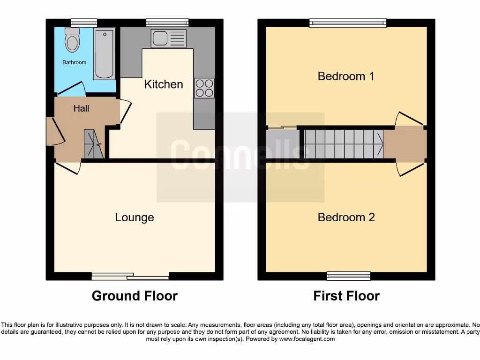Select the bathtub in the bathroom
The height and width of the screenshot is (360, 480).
point(104,54)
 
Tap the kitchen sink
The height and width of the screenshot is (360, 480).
point(168,38)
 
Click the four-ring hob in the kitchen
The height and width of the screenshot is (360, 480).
point(204,88)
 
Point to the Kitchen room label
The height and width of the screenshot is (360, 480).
point(164,84)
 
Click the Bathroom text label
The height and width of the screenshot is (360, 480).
point(75,62)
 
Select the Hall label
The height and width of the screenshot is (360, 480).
point(81,108)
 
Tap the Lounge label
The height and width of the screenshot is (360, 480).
point(135,217)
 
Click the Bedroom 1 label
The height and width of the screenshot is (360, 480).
point(346,76)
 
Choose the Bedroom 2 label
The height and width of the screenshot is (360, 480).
point(346,217)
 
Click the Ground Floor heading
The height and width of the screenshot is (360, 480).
point(135,296)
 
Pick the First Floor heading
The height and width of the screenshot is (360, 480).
point(346,296)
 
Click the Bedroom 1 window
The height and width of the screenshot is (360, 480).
point(348,23)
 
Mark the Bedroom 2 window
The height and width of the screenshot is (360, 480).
point(349,276)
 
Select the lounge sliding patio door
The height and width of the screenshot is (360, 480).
point(130,276)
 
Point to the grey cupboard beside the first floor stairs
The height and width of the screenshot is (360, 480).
point(282,144)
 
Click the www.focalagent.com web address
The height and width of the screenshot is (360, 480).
point(307,339)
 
